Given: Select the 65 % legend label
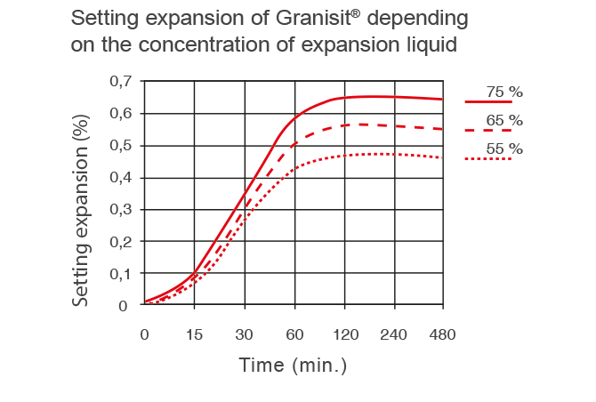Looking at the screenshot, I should [x=504, y=120].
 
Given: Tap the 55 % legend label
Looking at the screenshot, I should [x=504, y=149].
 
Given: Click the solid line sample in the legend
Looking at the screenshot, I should [x=488, y=103].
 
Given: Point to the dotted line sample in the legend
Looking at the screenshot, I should [x=488, y=159].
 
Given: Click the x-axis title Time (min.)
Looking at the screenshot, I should [x=293, y=366].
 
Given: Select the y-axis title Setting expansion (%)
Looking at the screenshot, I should [x=81, y=211].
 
